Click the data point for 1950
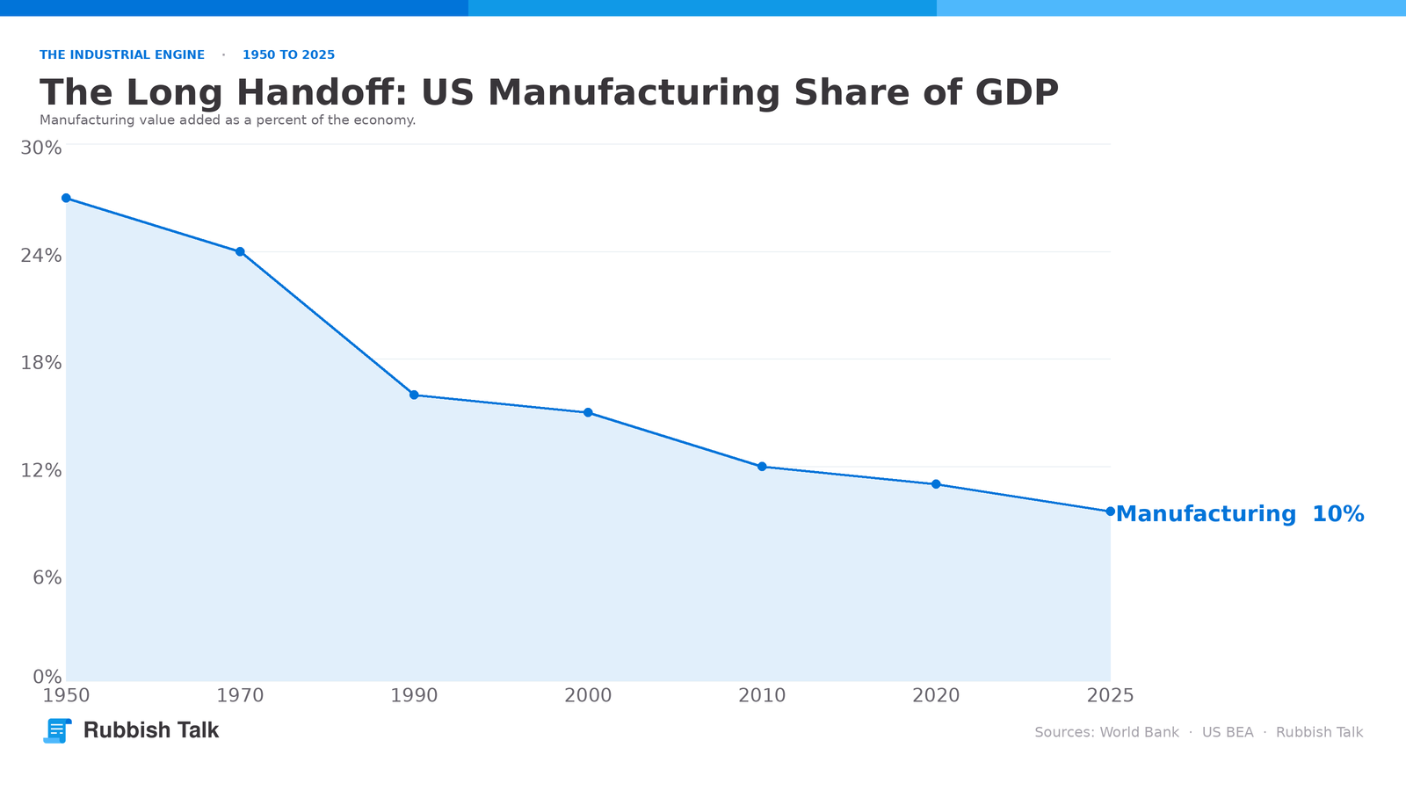(x=66, y=199)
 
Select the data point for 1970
(x=240, y=251)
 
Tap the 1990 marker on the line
(x=414, y=395)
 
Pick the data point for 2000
(x=588, y=412)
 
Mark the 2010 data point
(x=762, y=467)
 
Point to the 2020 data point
(x=936, y=484)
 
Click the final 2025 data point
(x=1111, y=511)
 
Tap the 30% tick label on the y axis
(x=41, y=149)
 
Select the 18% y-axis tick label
(x=41, y=363)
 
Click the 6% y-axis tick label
(x=47, y=577)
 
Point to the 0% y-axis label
(x=47, y=677)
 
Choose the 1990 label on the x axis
(x=414, y=695)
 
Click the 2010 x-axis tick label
(x=762, y=695)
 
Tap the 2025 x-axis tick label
(x=1111, y=695)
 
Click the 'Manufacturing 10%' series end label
(x=1240, y=514)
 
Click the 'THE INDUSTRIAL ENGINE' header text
(x=122, y=55)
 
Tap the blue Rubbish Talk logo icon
(x=57, y=730)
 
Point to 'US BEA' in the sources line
(x=1228, y=733)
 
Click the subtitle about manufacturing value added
(x=228, y=120)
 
